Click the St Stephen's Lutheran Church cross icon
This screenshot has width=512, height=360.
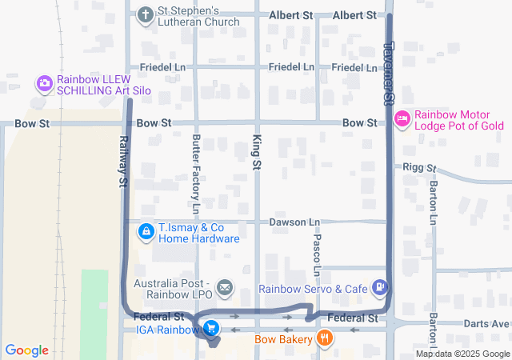(x=145, y=14)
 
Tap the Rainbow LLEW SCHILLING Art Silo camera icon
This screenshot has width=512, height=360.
(x=45, y=82)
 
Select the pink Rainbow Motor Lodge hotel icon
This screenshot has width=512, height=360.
(x=402, y=119)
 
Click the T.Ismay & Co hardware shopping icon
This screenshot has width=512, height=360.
(x=146, y=232)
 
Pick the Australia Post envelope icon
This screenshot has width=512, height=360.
(x=225, y=286)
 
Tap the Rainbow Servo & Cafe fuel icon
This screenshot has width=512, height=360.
(x=380, y=286)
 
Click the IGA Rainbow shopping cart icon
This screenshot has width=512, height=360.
(x=211, y=328)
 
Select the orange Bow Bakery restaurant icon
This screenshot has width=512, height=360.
(x=324, y=338)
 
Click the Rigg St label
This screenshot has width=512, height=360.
(x=420, y=168)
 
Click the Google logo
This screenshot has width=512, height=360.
(x=27, y=350)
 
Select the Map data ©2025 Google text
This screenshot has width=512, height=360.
(x=462, y=354)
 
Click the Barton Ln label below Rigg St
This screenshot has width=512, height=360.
(x=433, y=202)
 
